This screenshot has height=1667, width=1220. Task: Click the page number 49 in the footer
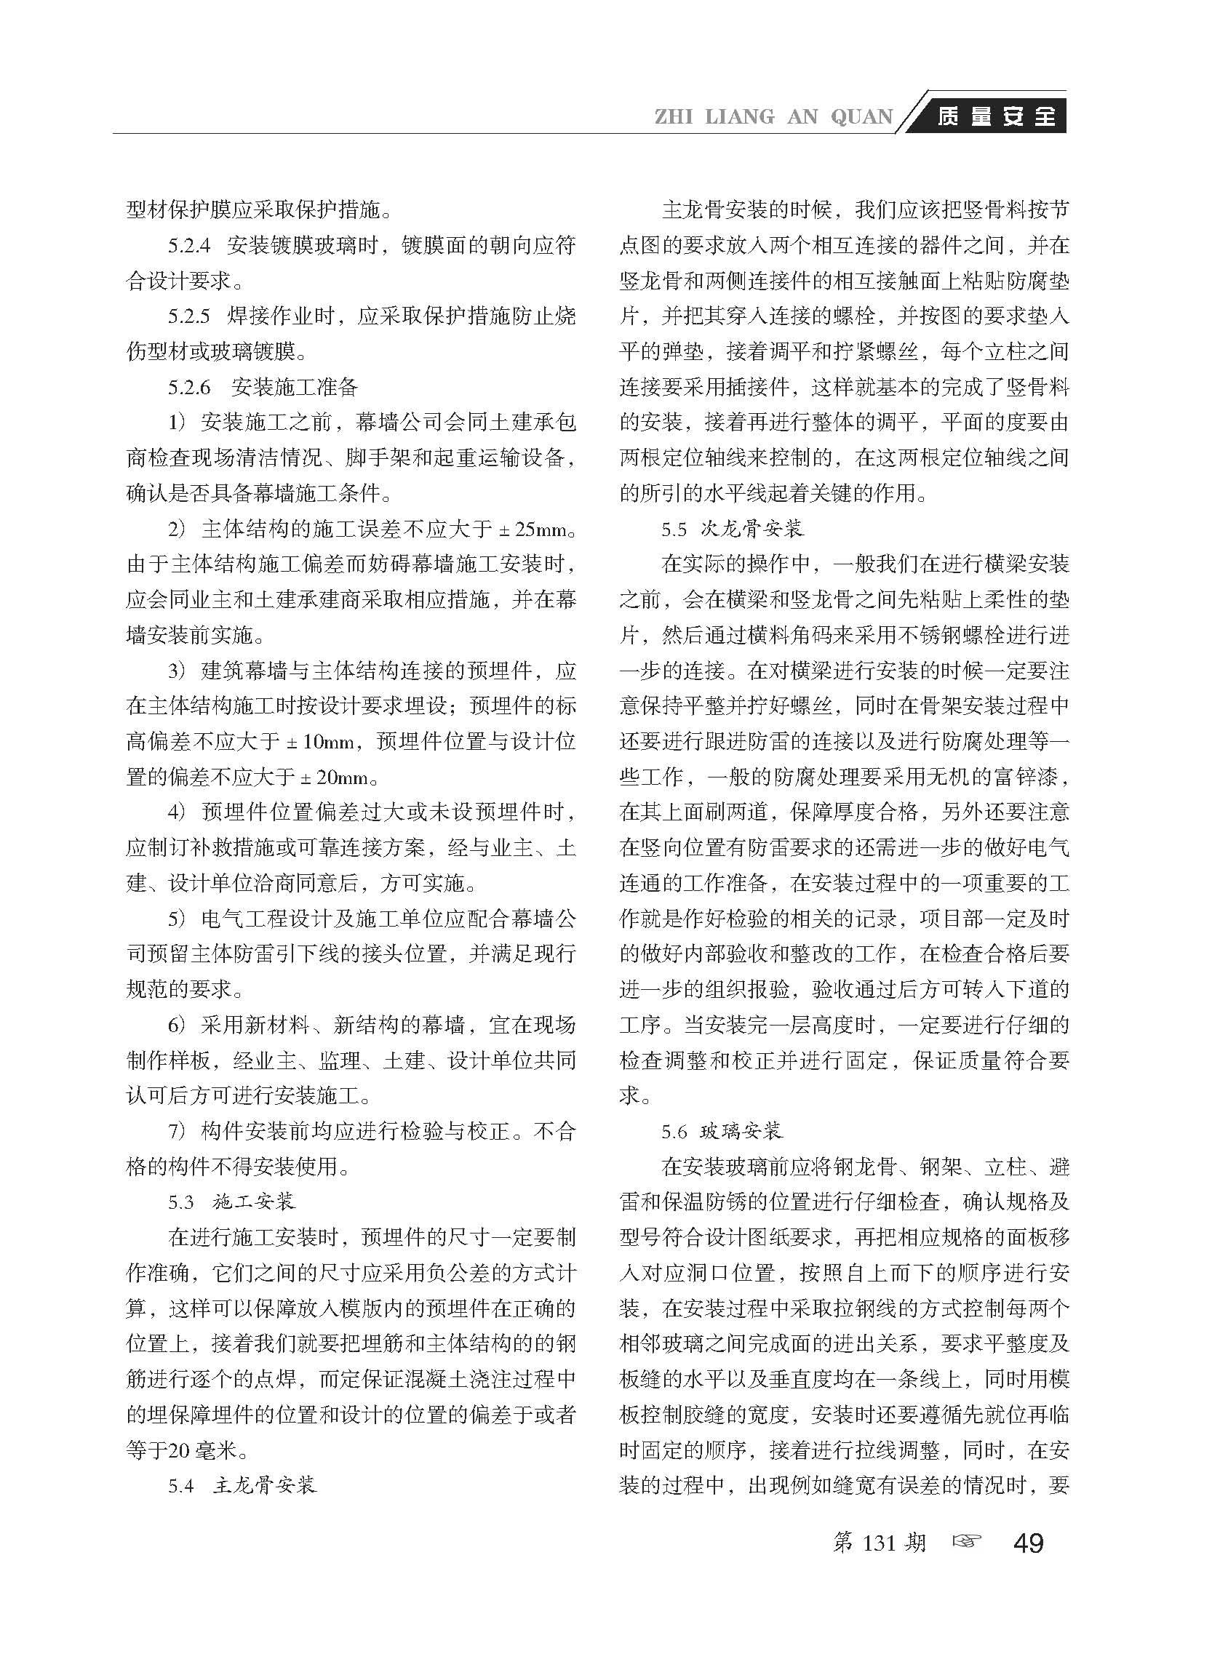tap(1029, 1542)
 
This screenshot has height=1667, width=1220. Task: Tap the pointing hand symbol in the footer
tap(968, 1541)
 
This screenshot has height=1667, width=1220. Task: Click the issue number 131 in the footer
tap(879, 1542)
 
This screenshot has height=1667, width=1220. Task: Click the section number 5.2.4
tap(189, 246)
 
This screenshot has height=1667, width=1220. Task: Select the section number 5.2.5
tap(189, 316)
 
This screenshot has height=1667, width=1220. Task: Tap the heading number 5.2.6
tap(189, 388)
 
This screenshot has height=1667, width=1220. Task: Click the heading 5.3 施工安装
tap(232, 1202)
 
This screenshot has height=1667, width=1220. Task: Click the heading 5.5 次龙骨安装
tap(732, 529)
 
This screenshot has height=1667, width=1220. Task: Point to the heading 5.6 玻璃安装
tap(722, 1131)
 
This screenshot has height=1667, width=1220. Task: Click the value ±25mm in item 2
tap(535, 529)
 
